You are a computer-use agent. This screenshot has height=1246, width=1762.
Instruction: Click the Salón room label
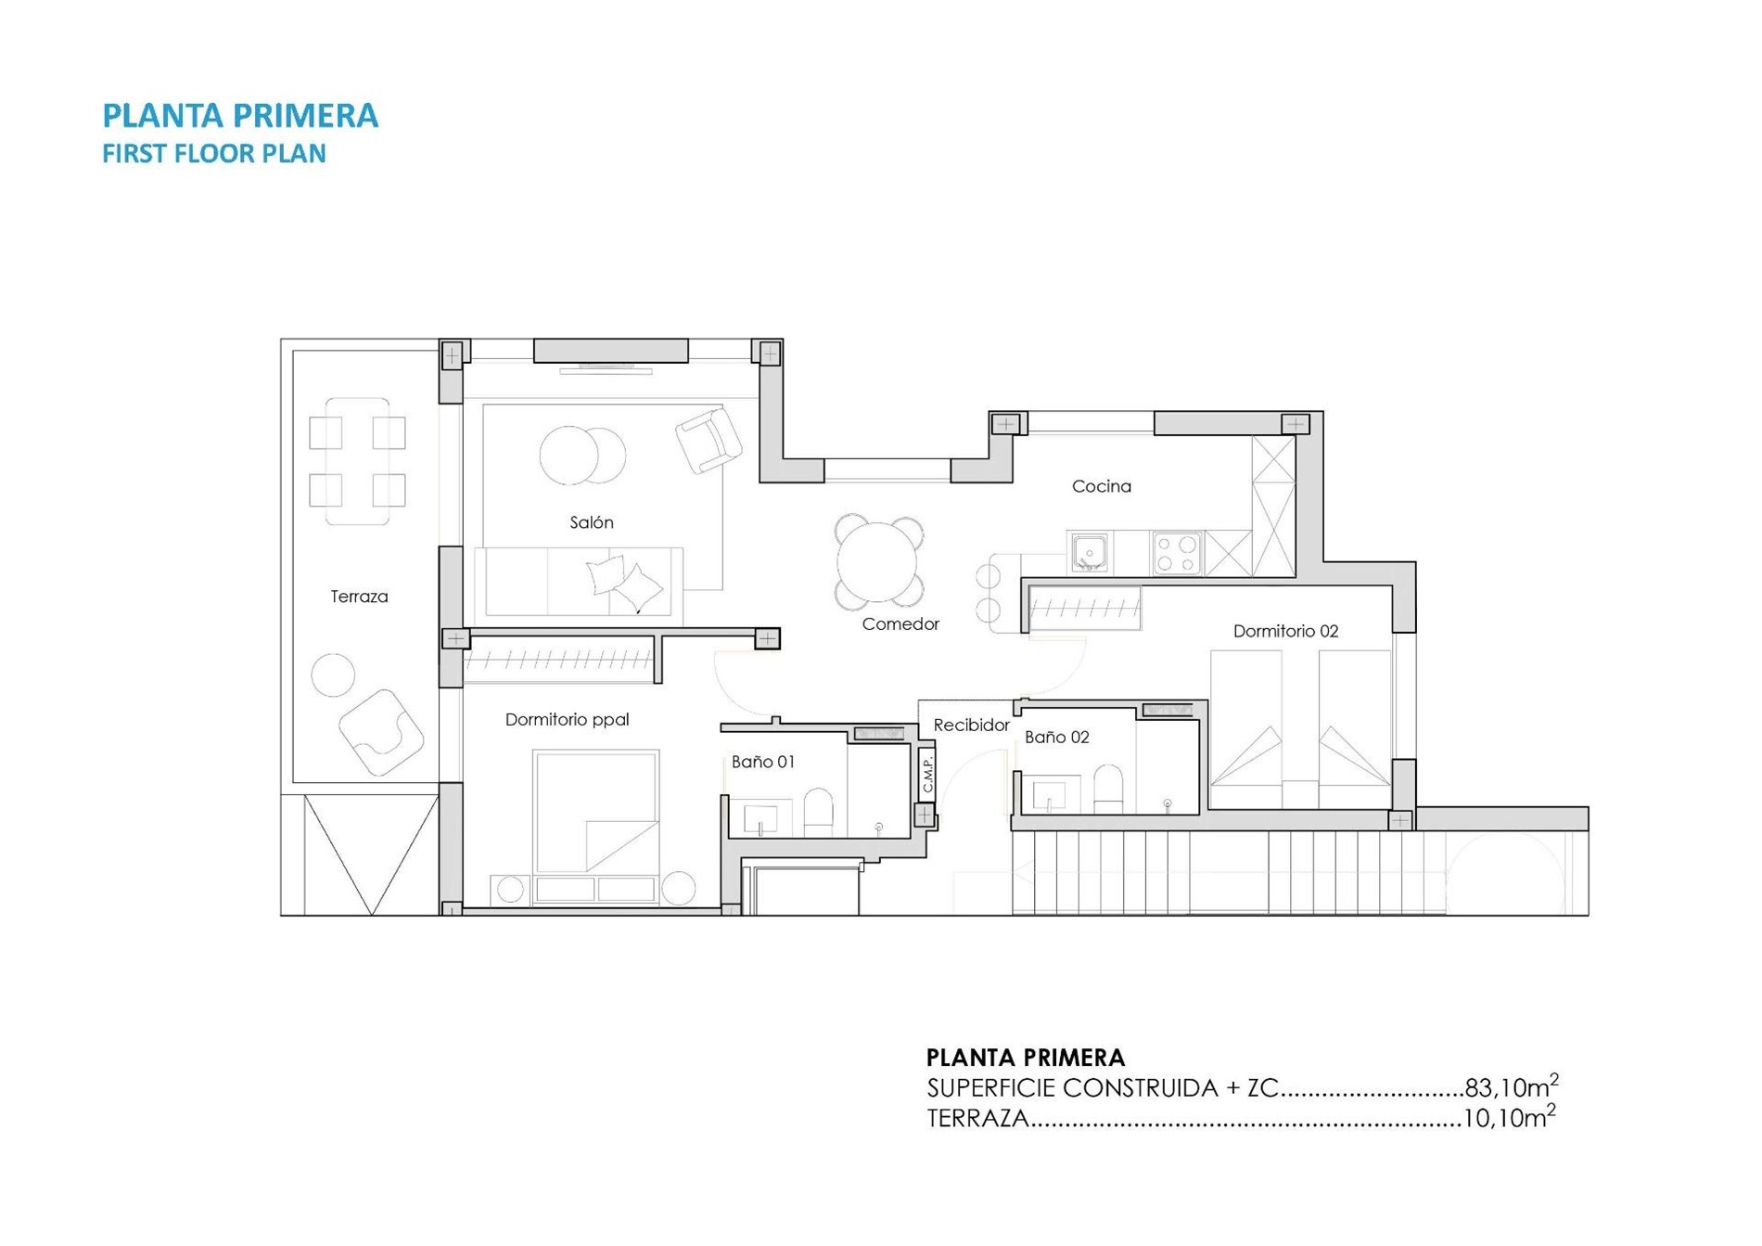coord(592,522)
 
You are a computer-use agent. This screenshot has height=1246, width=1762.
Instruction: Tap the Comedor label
coord(900,624)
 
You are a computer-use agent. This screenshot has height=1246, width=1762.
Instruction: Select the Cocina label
coord(1102,486)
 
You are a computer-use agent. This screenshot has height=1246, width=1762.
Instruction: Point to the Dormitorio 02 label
coord(1285,631)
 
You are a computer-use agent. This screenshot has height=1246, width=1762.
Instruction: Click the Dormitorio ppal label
coord(568,719)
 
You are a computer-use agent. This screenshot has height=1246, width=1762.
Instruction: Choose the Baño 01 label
coord(763,762)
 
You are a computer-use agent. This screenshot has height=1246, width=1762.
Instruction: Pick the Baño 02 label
coord(1056,737)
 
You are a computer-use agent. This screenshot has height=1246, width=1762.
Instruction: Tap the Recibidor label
coord(971,725)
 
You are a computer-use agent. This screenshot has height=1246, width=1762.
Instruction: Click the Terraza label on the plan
coord(359,597)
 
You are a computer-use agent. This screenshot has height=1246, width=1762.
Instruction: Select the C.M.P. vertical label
coord(927,772)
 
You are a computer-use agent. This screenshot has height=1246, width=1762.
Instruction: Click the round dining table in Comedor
coord(878,561)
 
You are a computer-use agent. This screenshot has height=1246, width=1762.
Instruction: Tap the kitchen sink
coord(1090,553)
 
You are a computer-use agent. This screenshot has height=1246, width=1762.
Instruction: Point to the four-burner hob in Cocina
coord(1177,553)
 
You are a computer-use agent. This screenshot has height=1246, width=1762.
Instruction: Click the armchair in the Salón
coord(709,440)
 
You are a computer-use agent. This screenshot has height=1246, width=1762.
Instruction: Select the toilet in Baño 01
coord(818,813)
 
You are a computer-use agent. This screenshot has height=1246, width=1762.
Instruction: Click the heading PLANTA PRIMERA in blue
coord(240,115)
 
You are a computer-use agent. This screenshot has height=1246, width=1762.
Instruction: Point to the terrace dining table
coord(358,461)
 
